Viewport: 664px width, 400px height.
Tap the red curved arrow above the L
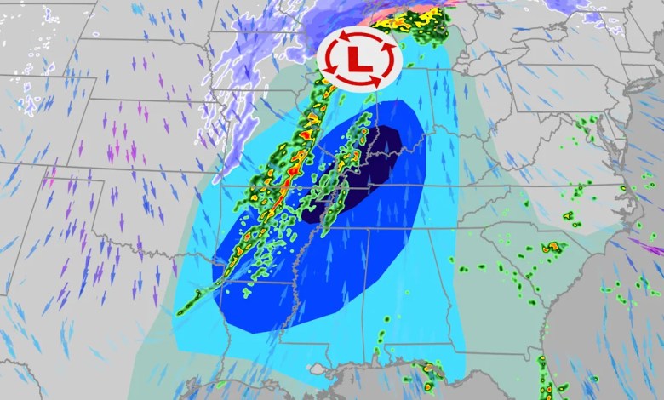(x=358, y=35)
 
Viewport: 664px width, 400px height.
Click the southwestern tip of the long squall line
(x=181, y=311)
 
